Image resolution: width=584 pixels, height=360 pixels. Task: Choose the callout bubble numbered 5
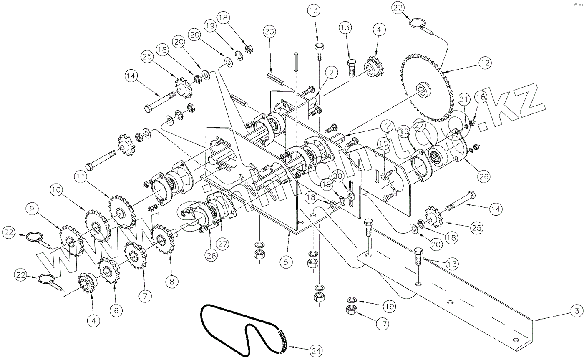[x=286, y=262]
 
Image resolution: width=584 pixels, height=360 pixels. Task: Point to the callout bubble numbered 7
[x=145, y=296]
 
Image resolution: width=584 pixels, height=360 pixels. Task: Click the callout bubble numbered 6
[x=116, y=310]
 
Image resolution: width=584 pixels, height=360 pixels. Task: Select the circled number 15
[x=383, y=144]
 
